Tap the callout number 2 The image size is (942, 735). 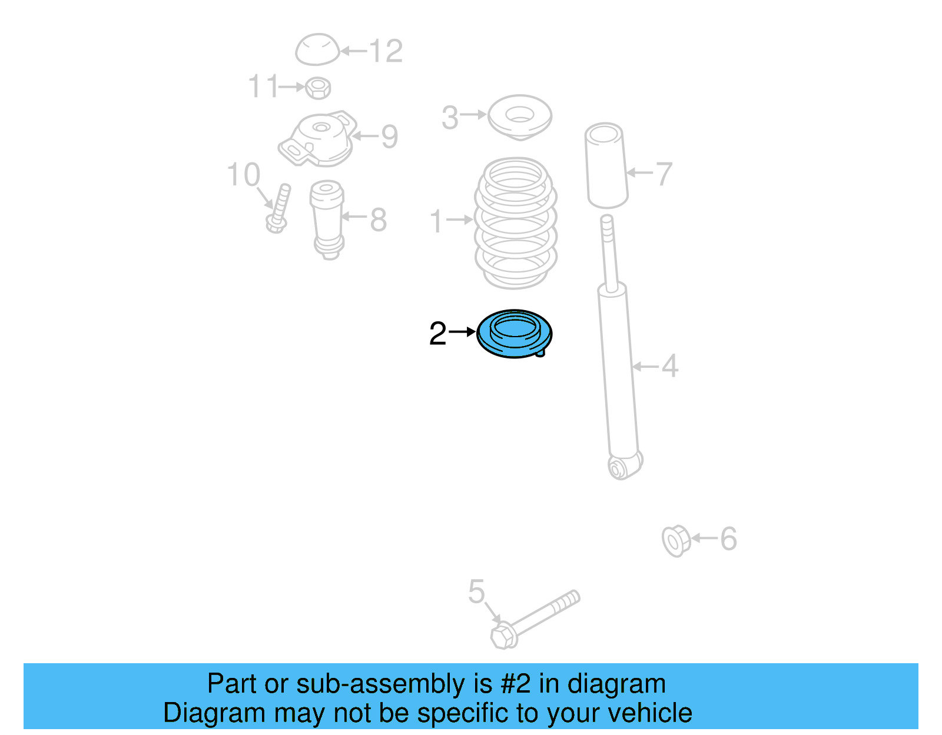pyautogui.click(x=437, y=334)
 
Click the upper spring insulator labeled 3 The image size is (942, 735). pyautogui.click(x=520, y=116)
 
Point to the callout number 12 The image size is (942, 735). pyautogui.click(x=386, y=51)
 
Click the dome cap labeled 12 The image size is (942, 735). pyautogui.click(x=317, y=49)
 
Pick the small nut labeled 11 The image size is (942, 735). pyautogui.click(x=318, y=88)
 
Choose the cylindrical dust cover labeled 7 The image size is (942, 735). pyautogui.click(x=606, y=165)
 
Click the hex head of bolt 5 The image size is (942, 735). pyautogui.click(x=503, y=636)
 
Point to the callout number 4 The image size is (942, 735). pyautogui.click(x=669, y=366)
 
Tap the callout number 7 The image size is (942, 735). pyautogui.click(x=664, y=174)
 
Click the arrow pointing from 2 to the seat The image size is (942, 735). pyautogui.click(x=462, y=332)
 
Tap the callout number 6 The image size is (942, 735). pyautogui.click(x=728, y=538)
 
